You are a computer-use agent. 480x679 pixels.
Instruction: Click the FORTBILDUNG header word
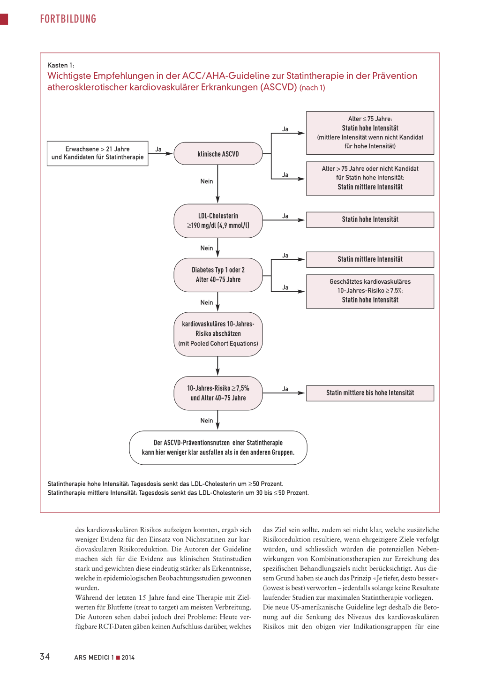pos(68,19)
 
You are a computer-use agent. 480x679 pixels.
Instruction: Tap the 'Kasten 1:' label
pos(60,65)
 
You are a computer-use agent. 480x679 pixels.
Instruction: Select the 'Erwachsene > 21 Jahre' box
pos(97,153)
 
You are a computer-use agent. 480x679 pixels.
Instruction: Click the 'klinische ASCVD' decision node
pos(218,154)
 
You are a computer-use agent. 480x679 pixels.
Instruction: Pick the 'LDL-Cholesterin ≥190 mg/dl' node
pos(218,221)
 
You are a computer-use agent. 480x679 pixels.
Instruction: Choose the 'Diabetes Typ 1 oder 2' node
pos(218,275)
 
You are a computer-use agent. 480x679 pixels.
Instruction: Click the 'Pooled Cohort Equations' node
pos(218,334)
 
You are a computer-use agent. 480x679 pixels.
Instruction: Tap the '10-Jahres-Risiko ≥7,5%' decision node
pos(218,393)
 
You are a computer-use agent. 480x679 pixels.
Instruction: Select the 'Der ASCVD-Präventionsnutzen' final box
pos(218,448)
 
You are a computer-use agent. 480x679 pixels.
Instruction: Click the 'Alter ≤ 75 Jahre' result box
pos(370,133)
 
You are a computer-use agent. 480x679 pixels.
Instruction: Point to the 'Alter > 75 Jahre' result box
pos(370,179)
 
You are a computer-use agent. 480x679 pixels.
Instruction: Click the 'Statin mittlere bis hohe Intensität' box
pos(370,393)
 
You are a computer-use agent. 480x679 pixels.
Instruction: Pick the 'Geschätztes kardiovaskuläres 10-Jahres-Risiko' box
pos(370,292)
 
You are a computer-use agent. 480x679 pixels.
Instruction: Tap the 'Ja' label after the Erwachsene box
pos(158,149)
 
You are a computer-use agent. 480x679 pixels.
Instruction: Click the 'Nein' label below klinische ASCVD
pos(207,181)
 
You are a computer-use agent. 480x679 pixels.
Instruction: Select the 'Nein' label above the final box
pos(207,421)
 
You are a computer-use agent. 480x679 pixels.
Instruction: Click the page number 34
pos(45,656)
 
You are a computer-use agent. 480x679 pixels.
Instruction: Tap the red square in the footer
pos(118,657)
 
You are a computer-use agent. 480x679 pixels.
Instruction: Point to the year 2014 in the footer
pos(128,657)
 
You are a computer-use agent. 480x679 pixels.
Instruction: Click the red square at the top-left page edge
pos(4,19)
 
